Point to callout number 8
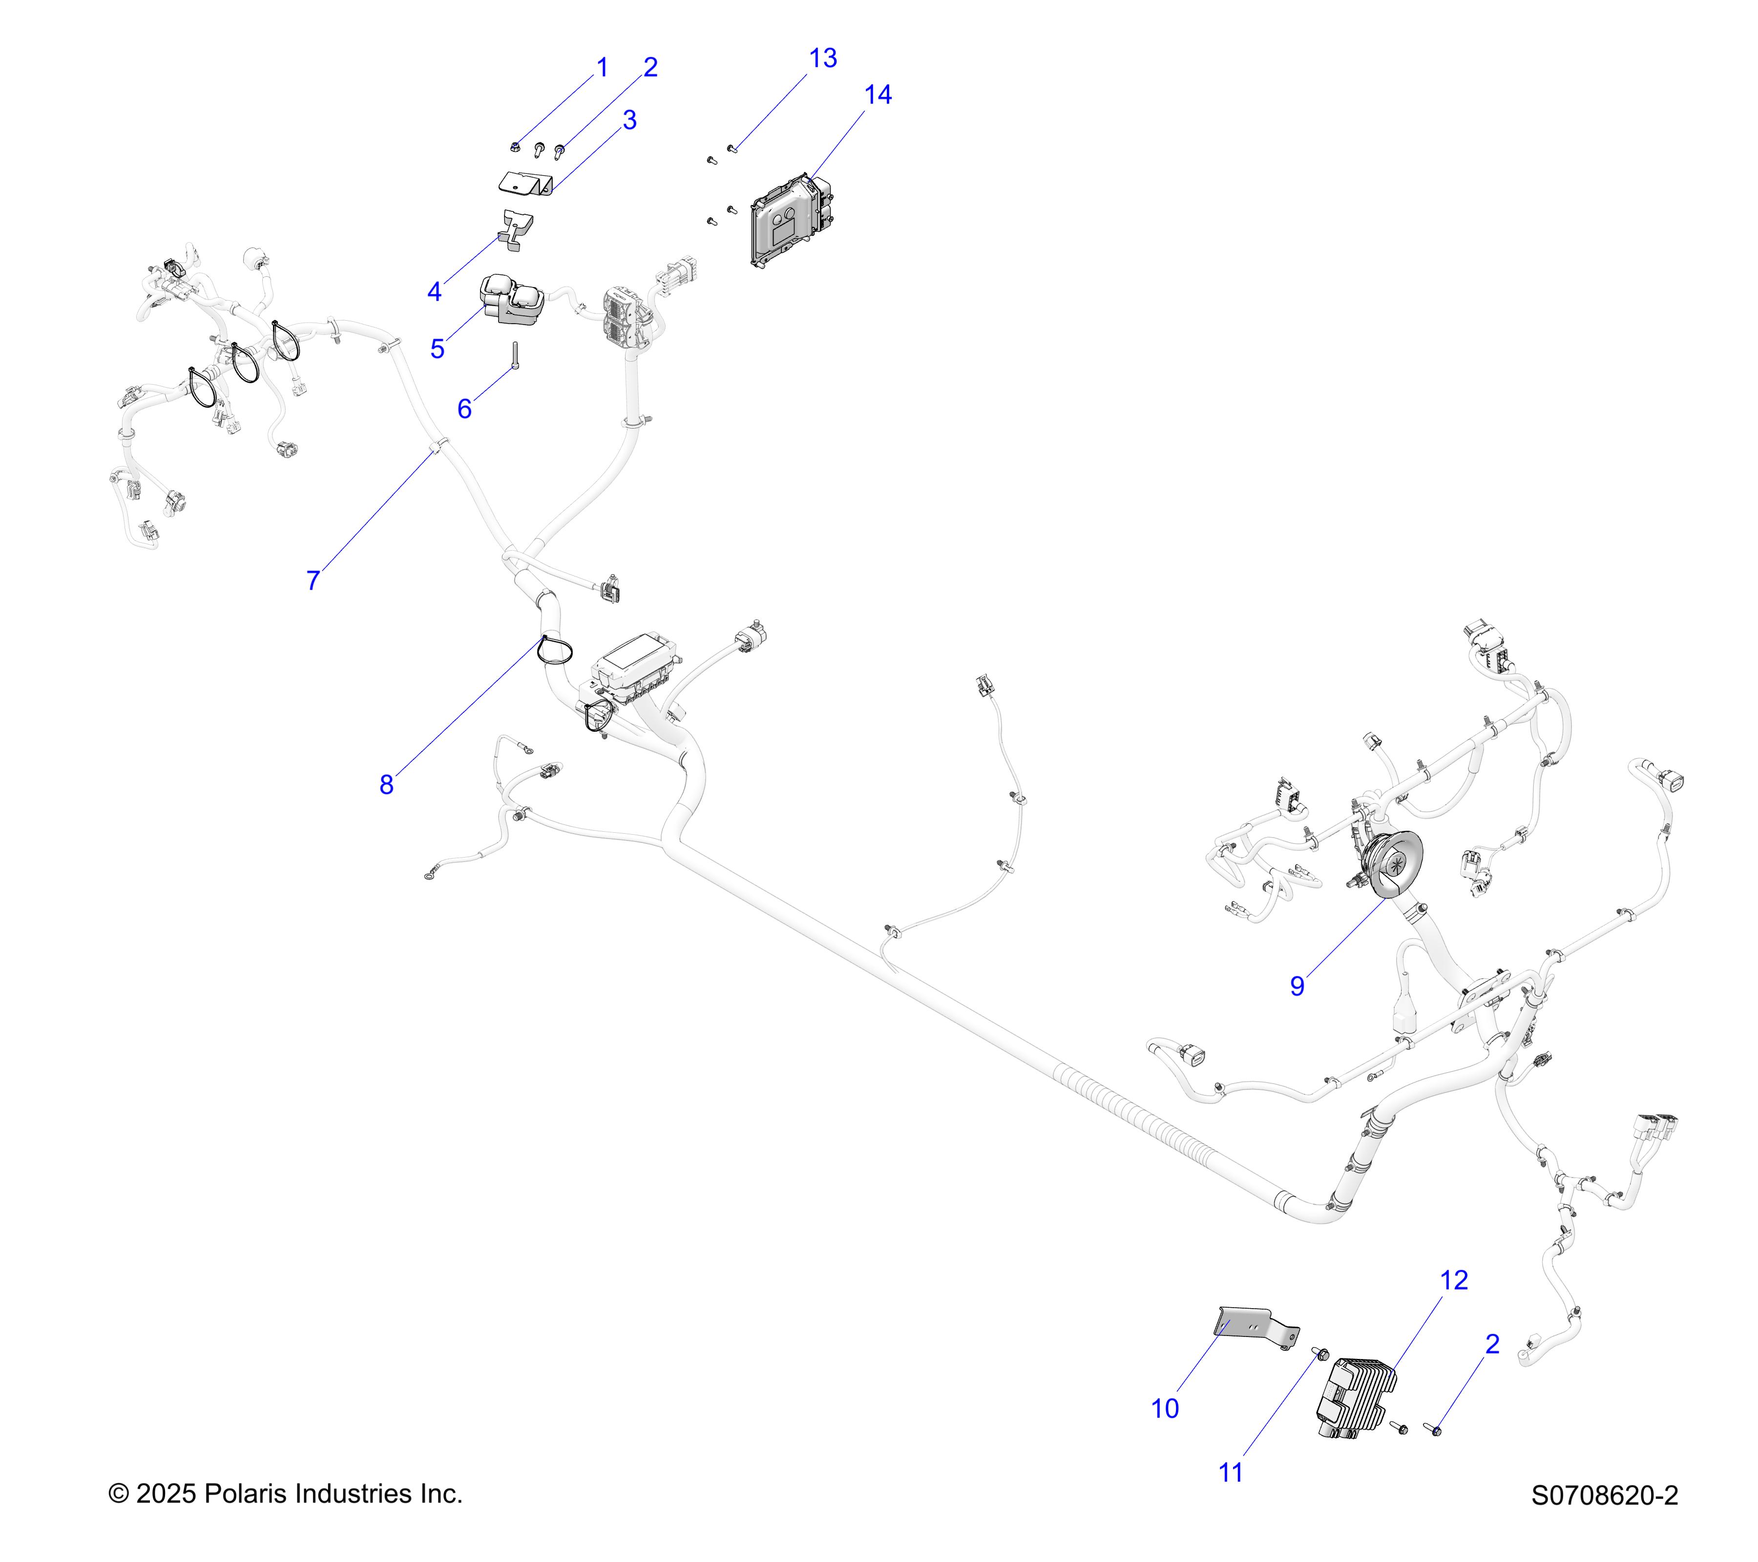(x=386, y=785)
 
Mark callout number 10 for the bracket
(x=1165, y=1409)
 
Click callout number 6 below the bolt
(x=464, y=409)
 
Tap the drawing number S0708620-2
(x=1604, y=1496)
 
